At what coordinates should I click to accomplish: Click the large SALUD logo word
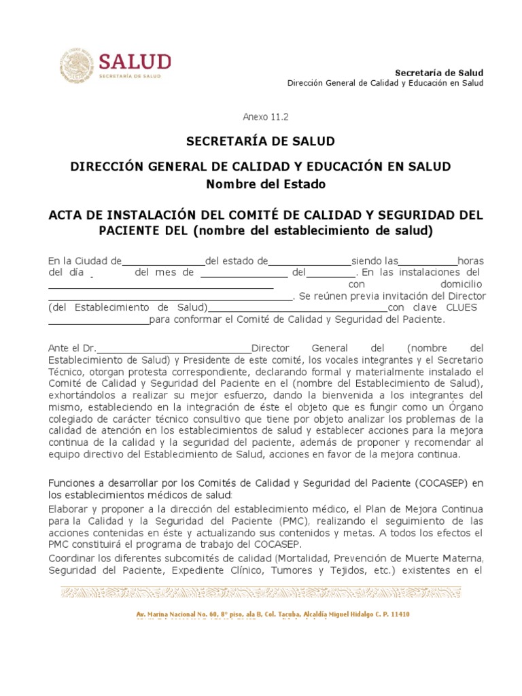[x=135, y=62]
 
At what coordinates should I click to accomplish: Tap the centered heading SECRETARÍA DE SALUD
[x=261, y=141]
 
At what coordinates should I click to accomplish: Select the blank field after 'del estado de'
[x=309, y=261]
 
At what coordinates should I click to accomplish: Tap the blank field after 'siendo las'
[x=428, y=261]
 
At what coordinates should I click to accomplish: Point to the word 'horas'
[x=470, y=261]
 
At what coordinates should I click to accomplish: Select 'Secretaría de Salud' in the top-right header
[x=439, y=73]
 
